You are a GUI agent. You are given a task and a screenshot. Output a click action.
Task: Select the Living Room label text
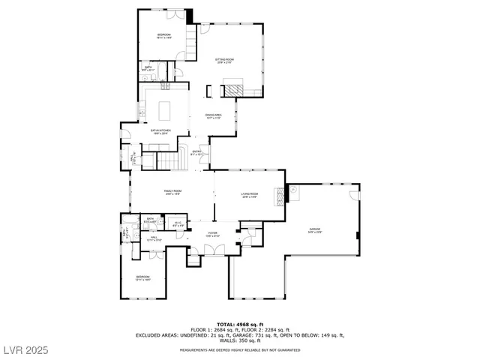(250, 196)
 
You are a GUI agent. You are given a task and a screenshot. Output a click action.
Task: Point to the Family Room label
(173, 193)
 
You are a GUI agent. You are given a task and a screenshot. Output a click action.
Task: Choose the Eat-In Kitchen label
(160, 131)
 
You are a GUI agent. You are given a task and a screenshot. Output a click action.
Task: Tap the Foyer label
(213, 234)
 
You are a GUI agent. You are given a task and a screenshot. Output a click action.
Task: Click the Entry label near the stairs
(197, 153)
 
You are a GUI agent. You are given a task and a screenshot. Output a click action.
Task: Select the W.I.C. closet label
(178, 223)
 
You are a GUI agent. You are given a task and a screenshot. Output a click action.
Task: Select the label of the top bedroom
(164, 36)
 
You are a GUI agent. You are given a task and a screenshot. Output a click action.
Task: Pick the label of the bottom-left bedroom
(143, 278)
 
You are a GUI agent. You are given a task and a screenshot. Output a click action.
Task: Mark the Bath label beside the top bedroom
(148, 68)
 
